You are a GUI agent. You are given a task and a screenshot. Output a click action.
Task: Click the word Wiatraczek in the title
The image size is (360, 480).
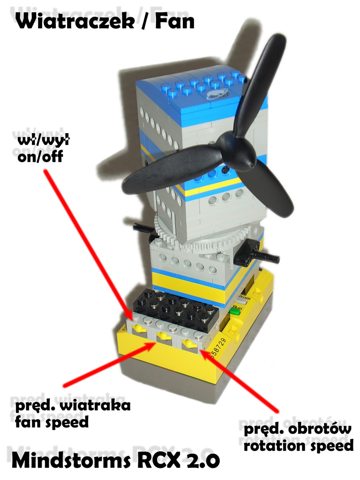[75, 22]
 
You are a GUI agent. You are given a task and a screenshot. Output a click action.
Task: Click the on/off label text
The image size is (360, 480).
[40, 157]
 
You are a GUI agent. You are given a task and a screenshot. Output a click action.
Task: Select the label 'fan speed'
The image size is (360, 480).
[52, 422]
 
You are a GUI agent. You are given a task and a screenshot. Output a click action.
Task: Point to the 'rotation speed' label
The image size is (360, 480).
[299, 445]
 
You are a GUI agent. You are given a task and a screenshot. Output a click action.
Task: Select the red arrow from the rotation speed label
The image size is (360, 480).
[240, 382]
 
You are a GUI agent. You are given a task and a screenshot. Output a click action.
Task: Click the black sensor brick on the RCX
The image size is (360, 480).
[176, 307]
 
